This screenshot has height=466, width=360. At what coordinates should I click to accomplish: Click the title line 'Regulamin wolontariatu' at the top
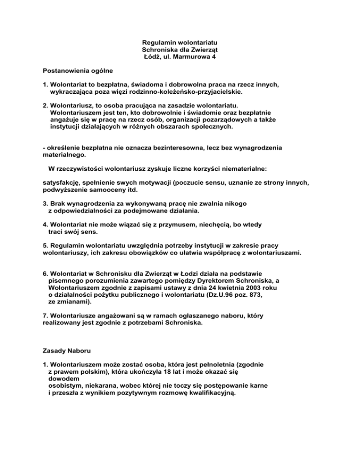pos(180,42)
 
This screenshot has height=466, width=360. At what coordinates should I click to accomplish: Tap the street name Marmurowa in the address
pos(188,57)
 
